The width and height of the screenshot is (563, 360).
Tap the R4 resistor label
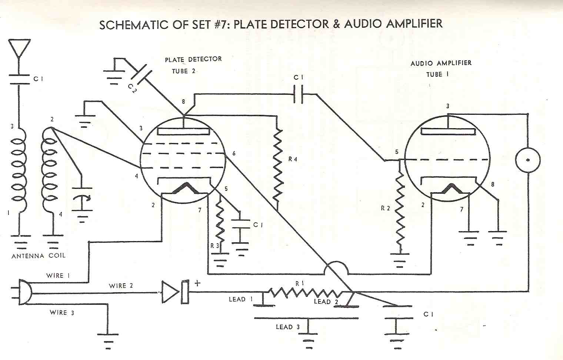coord(293,159)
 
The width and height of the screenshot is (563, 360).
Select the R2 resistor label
coord(385,208)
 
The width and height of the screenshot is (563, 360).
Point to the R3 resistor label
coord(214,246)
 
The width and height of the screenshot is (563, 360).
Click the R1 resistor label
coord(300,283)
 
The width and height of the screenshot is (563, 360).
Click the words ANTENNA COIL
coord(39,256)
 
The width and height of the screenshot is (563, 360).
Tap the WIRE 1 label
coord(58,276)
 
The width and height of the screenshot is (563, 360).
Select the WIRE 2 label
coord(121,286)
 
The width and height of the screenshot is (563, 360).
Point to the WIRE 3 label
coord(62,313)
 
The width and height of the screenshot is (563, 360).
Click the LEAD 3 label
coord(288,327)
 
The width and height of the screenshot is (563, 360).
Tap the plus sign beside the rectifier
coord(197,283)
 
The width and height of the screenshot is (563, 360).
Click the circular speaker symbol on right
coord(528,160)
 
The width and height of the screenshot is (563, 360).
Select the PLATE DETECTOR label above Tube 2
coord(193,59)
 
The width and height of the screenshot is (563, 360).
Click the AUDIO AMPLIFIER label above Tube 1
coord(441,63)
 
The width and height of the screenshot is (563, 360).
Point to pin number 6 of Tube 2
coord(234,153)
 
